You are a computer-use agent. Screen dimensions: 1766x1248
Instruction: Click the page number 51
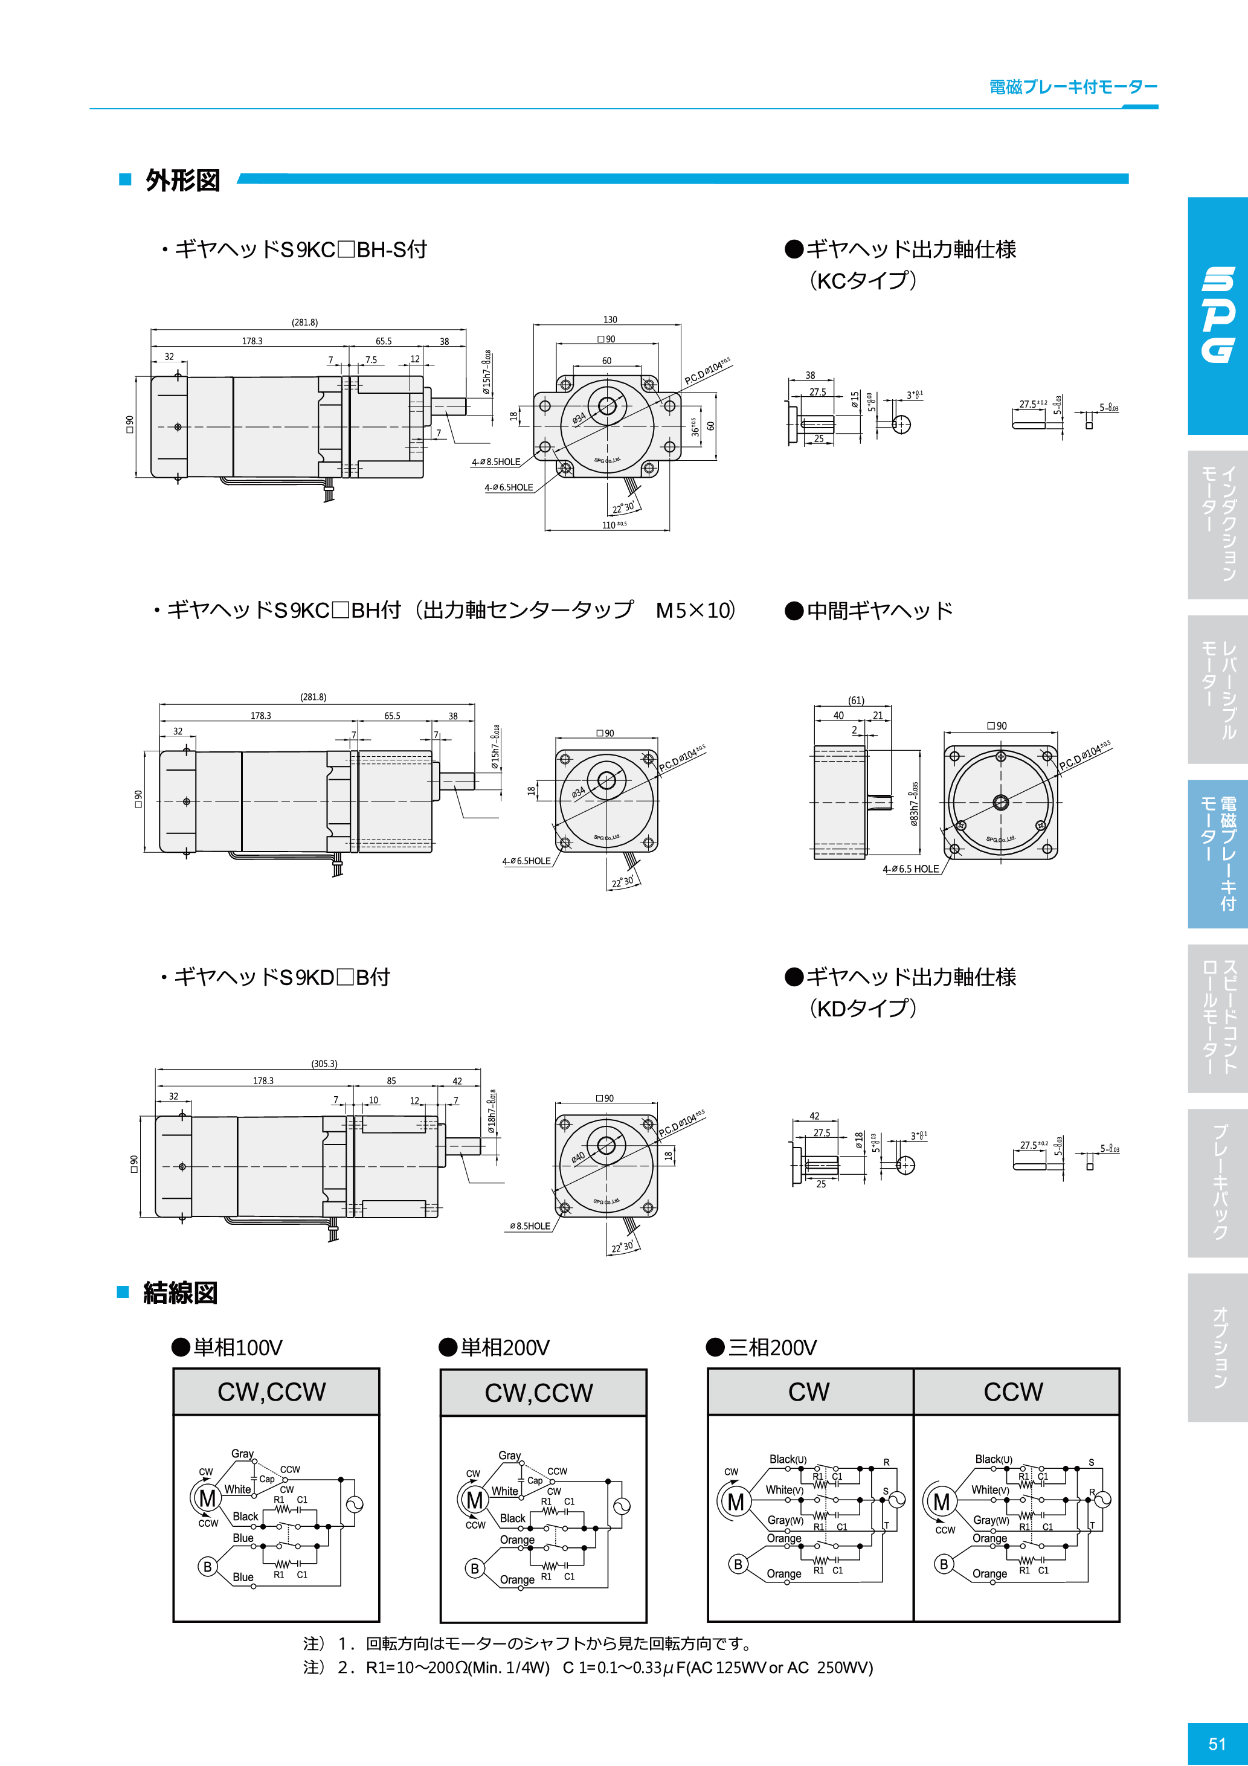pyautogui.click(x=1217, y=1744)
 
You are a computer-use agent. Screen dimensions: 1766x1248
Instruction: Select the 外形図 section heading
pyautogui.click(x=182, y=181)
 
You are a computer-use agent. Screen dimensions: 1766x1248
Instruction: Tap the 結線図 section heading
pyautogui.click(x=180, y=1293)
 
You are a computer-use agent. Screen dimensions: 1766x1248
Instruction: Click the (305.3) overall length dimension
pyautogui.click(x=324, y=1064)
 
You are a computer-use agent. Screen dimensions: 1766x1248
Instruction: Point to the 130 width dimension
pyautogui.click(x=610, y=319)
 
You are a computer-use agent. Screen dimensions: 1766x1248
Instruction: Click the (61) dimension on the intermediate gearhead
pyautogui.click(x=855, y=700)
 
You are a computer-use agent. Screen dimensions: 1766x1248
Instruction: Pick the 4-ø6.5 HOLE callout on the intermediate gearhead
pyautogui.click(x=911, y=869)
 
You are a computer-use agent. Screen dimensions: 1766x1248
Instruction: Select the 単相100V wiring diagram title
pyautogui.click(x=237, y=1347)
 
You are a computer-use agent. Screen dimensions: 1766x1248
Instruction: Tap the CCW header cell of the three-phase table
pyautogui.click(x=1014, y=1392)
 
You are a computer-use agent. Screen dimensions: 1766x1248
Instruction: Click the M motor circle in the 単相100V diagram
pyautogui.click(x=207, y=1498)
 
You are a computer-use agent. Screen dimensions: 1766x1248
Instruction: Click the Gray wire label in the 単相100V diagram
pyautogui.click(x=242, y=1454)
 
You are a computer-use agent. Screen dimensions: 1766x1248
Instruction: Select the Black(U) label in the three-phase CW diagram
pyautogui.click(x=788, y=1459)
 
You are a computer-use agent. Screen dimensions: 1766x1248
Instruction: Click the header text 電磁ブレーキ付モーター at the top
pyautogui.click(x=1073, y=87)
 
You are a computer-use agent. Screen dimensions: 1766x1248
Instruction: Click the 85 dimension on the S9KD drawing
pyautogui.click(x=391, y=1080)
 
